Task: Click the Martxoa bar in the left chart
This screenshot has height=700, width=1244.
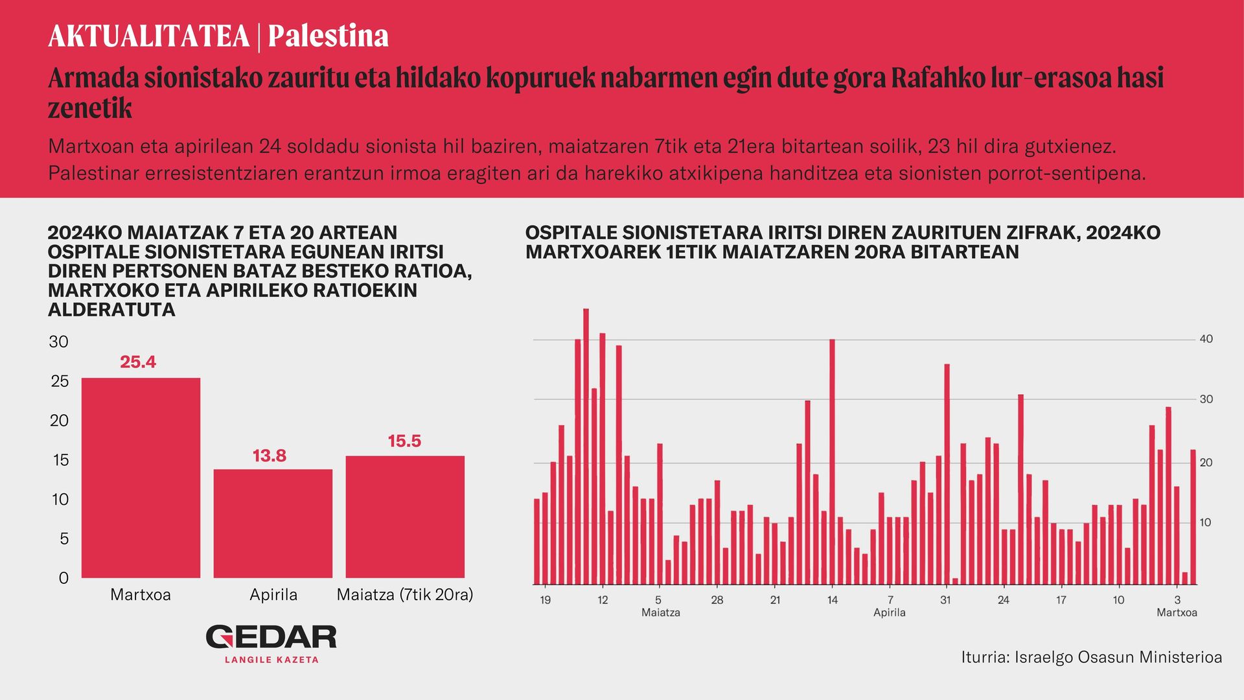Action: pyautogui.click(x=141, y=478)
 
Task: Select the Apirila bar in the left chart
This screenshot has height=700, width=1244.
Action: pyautogui.click(x=273, y=524)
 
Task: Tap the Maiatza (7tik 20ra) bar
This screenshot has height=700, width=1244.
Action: pyautogui.click(x=405, y=517)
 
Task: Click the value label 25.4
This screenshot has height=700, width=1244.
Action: pyautogui.click(x=138, y=362)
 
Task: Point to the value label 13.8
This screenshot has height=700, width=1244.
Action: pyautogui.click(x=270, y=456)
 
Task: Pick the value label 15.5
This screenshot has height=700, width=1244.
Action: pyautogui.click(x=404, y=441)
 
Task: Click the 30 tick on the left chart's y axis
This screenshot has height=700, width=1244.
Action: pyautogui.click(x=59, y=342)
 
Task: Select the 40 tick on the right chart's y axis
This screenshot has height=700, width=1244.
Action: pyautogui.click(x=1206, y=339)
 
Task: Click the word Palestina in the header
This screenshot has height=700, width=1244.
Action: pyautogui.click(x=328, y=36)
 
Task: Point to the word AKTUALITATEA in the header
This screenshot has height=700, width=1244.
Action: pyautogui.click(x=149, y=36)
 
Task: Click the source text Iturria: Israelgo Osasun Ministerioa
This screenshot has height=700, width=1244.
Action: pyautogui.click(x=1092, y=657)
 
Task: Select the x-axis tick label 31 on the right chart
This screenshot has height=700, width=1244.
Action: pyautogui.click(x=945, y=600)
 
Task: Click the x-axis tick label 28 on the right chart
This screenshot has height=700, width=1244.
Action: pyautogui.click(x=717, y=600)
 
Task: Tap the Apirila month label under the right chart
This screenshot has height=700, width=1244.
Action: pyautogui.click(x=890, y=612)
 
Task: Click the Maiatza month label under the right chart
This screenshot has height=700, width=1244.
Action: pyautogui.click(x=661, y=612)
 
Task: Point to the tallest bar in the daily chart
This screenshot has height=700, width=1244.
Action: pyautogui.click(x=586, y=447)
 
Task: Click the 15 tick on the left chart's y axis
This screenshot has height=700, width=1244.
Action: pyautogui.click(x=60, y=460)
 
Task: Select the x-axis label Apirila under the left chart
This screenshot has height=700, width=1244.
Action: pyautogui.click(x=273, y=595)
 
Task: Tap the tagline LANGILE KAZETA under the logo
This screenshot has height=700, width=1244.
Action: pyautogui.click(x=271, y=660)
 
